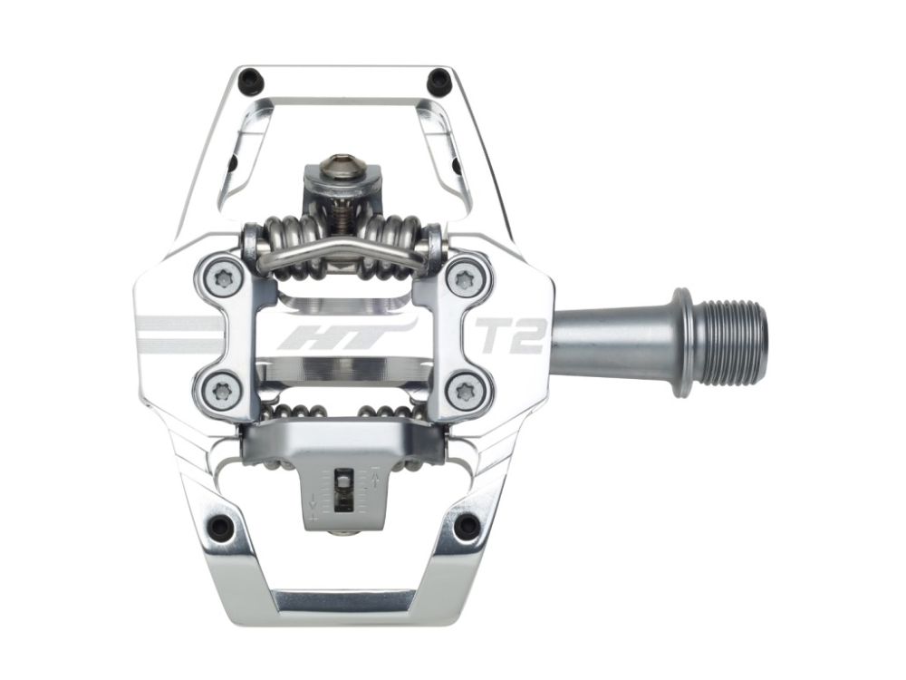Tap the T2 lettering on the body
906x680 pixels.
(510, 335)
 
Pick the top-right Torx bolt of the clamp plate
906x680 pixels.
(467, 277)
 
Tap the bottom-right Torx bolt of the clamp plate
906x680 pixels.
(468, 391)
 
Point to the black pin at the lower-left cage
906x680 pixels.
(218, 526)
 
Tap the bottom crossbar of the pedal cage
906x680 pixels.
(344, 601)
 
